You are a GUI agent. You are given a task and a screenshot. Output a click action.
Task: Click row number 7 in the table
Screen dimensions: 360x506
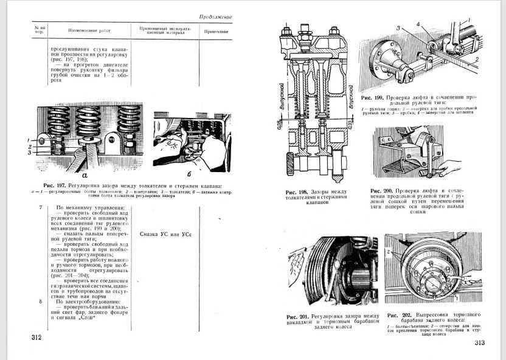(x=40, y=209)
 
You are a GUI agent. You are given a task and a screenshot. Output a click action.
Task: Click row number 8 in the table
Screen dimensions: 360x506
(x=40, y=302)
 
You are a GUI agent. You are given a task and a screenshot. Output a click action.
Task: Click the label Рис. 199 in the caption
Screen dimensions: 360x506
(x=373, y=97)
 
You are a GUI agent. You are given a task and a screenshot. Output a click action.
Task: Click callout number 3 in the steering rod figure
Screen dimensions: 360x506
(x=398, y=29)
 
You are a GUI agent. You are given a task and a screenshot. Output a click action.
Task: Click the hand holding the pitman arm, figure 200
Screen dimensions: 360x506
(x=451, y=167)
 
